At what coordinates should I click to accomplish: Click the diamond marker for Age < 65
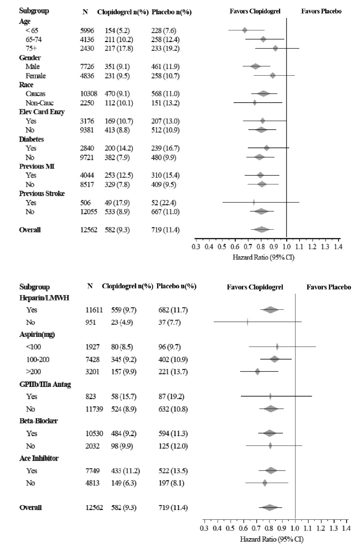tap(244, 30)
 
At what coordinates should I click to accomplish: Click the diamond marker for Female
tap(272, 76)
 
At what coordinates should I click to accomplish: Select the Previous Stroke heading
tap(42, 193)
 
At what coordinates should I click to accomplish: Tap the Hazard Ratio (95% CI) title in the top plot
tap(257, 257)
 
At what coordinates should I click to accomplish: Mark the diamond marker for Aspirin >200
tap(257, 371)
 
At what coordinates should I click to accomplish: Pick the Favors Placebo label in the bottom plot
tap(329, 287)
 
